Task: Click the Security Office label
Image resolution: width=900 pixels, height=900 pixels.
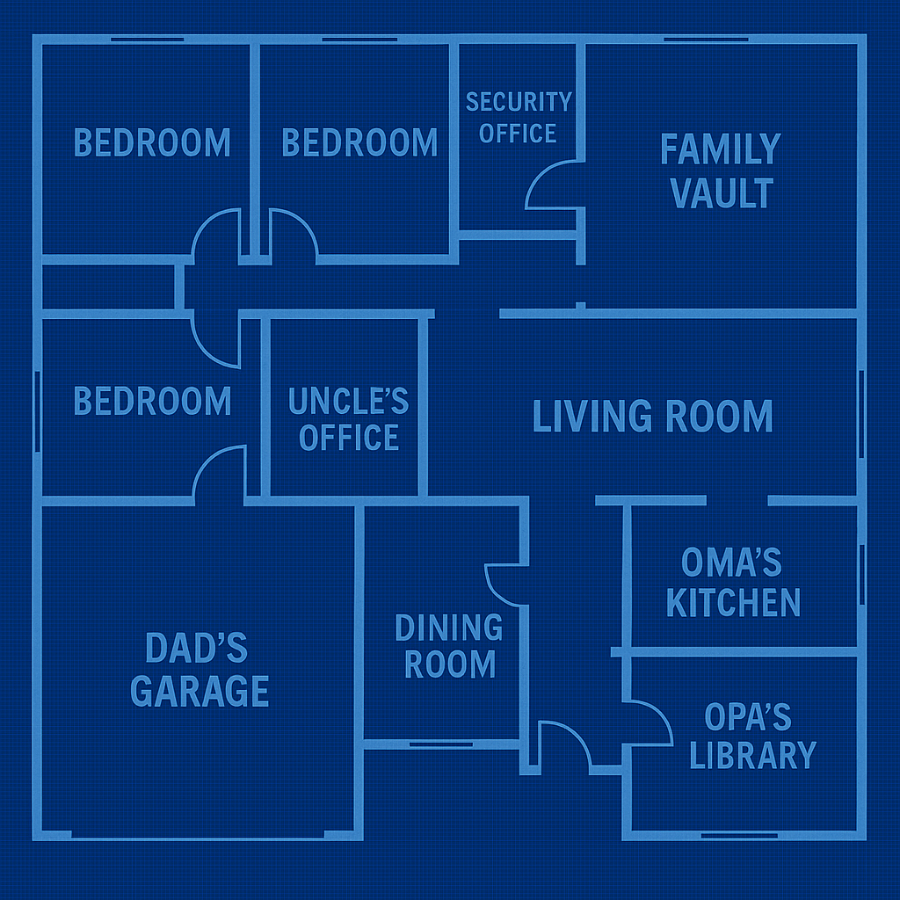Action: (x=519, y=118)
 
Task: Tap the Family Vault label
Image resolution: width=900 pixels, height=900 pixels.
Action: (x=721, y=171)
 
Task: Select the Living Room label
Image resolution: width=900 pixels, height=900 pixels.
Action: (x=653, y=416)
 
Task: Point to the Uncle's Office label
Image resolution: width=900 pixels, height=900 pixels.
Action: (x=348, y=419)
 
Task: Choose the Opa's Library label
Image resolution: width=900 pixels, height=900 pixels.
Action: (x=752, y=736)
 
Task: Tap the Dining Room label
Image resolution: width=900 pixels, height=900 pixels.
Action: (x=449, y=646)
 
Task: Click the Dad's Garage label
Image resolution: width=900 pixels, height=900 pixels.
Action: (x=200, y=669)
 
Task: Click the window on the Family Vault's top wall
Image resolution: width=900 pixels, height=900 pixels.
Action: (x=706, y=40)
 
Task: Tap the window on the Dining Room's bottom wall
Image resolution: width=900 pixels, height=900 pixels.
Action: (x=441, y=744)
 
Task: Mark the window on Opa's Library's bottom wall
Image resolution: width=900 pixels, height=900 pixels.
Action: (x=739, y=836)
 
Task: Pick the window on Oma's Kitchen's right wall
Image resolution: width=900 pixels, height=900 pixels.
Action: (x=861, y=575)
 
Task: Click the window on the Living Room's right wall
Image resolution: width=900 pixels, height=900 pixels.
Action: (x=861, y=414)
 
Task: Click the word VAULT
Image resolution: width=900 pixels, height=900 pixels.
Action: (x=722, y=192)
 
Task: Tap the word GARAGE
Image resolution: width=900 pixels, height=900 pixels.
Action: (x=200, y=691)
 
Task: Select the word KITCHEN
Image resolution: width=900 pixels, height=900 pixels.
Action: (x=733, y=602)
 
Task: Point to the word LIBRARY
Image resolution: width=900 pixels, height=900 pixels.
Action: (x=752, y=755)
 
